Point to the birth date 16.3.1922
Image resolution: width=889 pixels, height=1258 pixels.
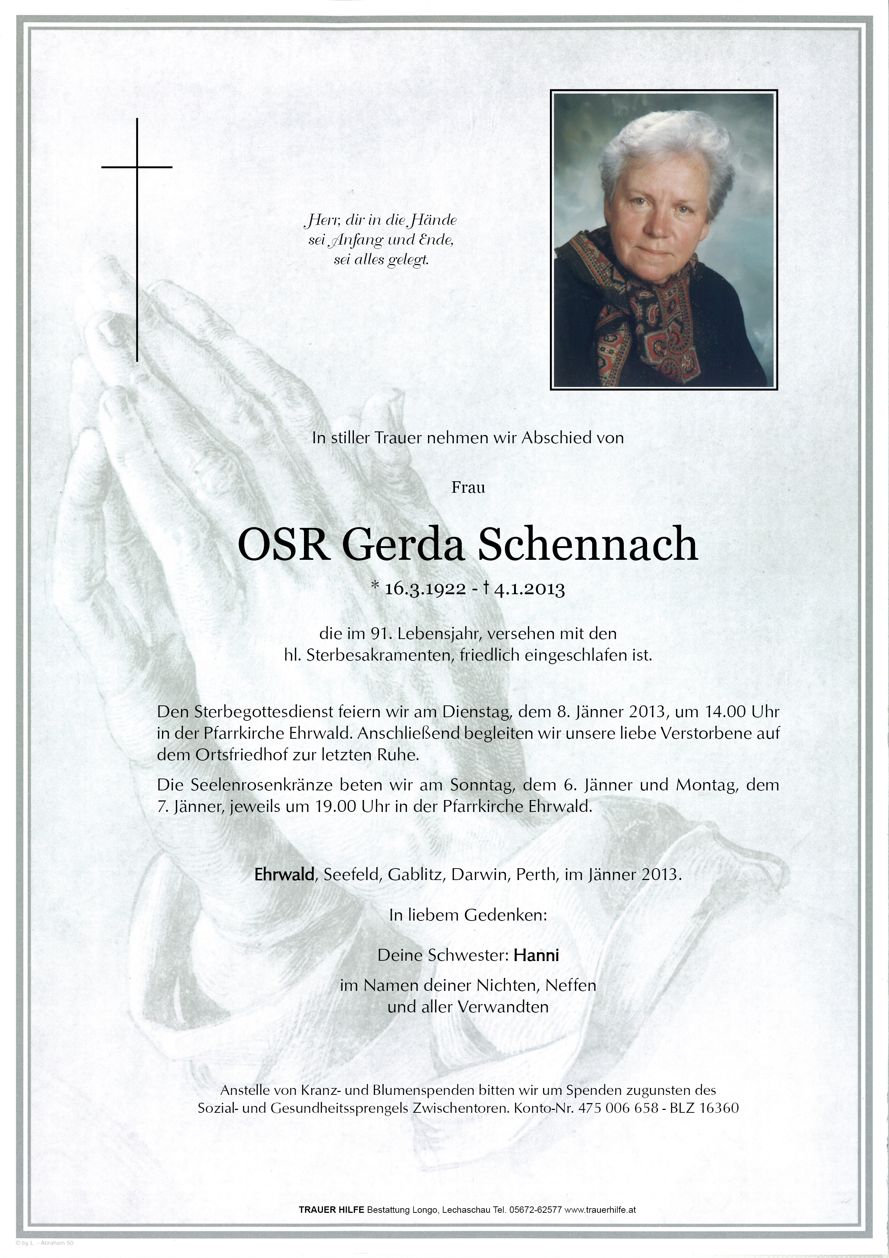pyautogui.click(x=426, y=589)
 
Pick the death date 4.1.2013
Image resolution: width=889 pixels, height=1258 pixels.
pyautogui.click(x=529, y=589)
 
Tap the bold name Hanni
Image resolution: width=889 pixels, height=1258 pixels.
pyautogui.click(x=536, y=955)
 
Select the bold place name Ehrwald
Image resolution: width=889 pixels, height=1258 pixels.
pyautogui.click(x=284, y=874)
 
